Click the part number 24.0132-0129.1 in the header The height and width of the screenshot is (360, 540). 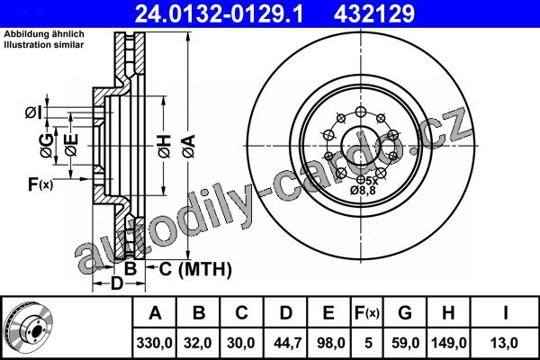[x=219, y=13]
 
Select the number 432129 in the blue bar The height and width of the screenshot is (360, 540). [x=374, y=13]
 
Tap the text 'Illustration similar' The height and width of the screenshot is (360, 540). [x=44, y=44]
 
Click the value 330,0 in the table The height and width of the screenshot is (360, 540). [x=154, y=343]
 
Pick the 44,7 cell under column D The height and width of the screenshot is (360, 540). [x=285, y=343]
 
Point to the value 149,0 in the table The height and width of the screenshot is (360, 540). [x=448, y=343]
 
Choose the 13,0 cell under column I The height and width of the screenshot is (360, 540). [x=505, y=343]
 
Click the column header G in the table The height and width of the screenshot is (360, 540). [x=405, y=313]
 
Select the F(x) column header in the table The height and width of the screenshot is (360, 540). [x=367, y=313]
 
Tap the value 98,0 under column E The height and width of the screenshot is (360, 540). [x=328, y=343]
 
